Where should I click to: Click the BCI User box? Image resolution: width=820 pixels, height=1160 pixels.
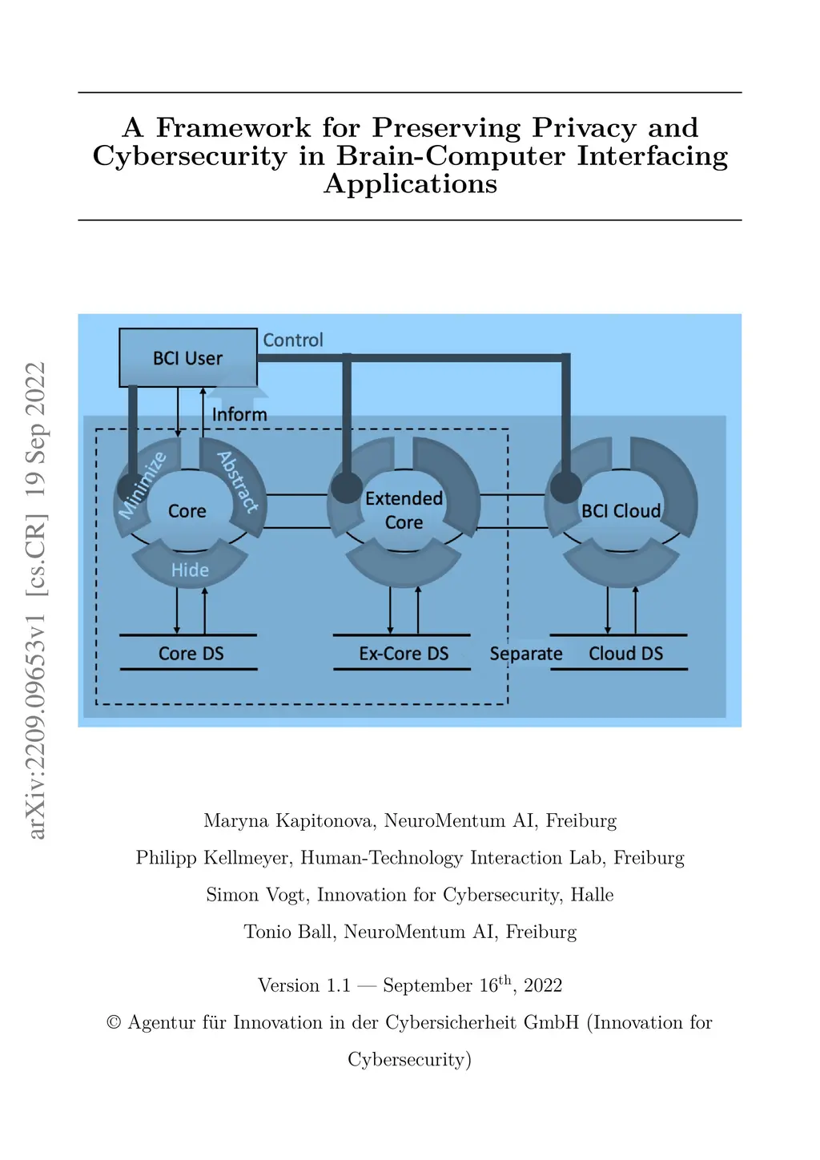coord(187,358)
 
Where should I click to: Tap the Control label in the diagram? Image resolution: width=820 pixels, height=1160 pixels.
coord(293,340)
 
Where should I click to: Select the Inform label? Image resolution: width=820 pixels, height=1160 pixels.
coord(239,414)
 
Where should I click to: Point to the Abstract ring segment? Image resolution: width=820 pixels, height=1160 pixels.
coord(238,481)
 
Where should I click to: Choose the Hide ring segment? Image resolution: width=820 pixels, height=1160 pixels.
coord(190,570)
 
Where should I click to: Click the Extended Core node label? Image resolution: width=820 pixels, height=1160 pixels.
coord(404,510)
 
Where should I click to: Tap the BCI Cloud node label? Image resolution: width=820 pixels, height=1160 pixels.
coord(621,511)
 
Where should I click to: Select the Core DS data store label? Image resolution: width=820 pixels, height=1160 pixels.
coord(191,654)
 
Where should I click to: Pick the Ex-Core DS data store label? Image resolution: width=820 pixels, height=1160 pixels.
coord(404,654)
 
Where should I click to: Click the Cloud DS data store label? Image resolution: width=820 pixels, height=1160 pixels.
coord(625,654)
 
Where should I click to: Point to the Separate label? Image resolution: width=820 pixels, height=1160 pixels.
coord(526,654)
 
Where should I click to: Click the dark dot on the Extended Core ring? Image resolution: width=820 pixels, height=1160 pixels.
coord(347,487)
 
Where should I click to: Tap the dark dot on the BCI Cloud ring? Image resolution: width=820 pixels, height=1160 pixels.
coord(565,487)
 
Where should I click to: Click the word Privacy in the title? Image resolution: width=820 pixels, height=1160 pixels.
coord(585,128)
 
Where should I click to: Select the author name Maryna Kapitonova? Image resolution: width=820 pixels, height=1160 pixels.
coord(289,820)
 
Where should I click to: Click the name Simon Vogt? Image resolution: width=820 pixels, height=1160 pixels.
coord(256,895)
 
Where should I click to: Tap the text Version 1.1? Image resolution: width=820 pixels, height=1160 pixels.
coord(304,985)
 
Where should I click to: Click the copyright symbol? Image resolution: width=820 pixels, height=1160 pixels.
coord(114,1023)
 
